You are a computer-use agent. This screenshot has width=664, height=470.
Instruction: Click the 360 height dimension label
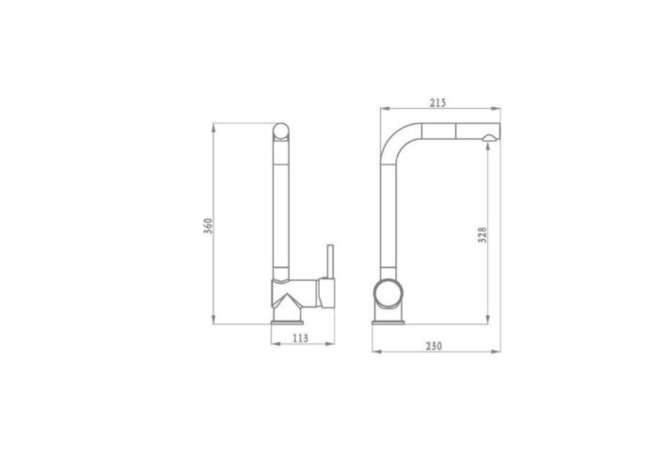[208, 227]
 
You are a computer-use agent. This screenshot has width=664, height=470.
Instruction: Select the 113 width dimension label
[300, 337]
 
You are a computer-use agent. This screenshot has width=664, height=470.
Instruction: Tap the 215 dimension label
[438, 102]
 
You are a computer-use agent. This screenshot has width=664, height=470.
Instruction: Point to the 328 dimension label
[482, 235]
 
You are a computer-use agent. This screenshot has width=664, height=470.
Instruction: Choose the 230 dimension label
[434, 346]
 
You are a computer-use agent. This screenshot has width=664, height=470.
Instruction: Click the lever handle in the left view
[330, 261]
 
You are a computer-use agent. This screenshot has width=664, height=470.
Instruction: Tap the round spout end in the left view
[281, 132]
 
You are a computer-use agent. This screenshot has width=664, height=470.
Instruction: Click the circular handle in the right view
[387, 293]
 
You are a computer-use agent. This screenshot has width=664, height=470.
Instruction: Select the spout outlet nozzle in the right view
[489, 137]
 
